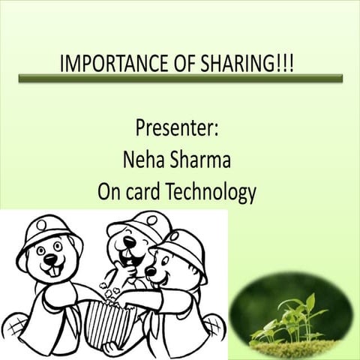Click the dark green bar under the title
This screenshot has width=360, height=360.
179,78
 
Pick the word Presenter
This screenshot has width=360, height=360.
177,127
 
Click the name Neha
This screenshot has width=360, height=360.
140,160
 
